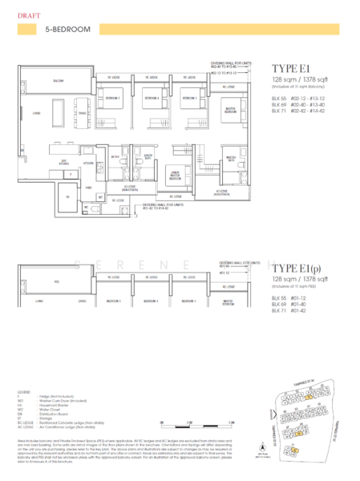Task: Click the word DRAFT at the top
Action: (25, 14)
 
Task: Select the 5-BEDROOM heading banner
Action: (69, 30)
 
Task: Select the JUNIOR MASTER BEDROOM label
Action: (174, 172)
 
